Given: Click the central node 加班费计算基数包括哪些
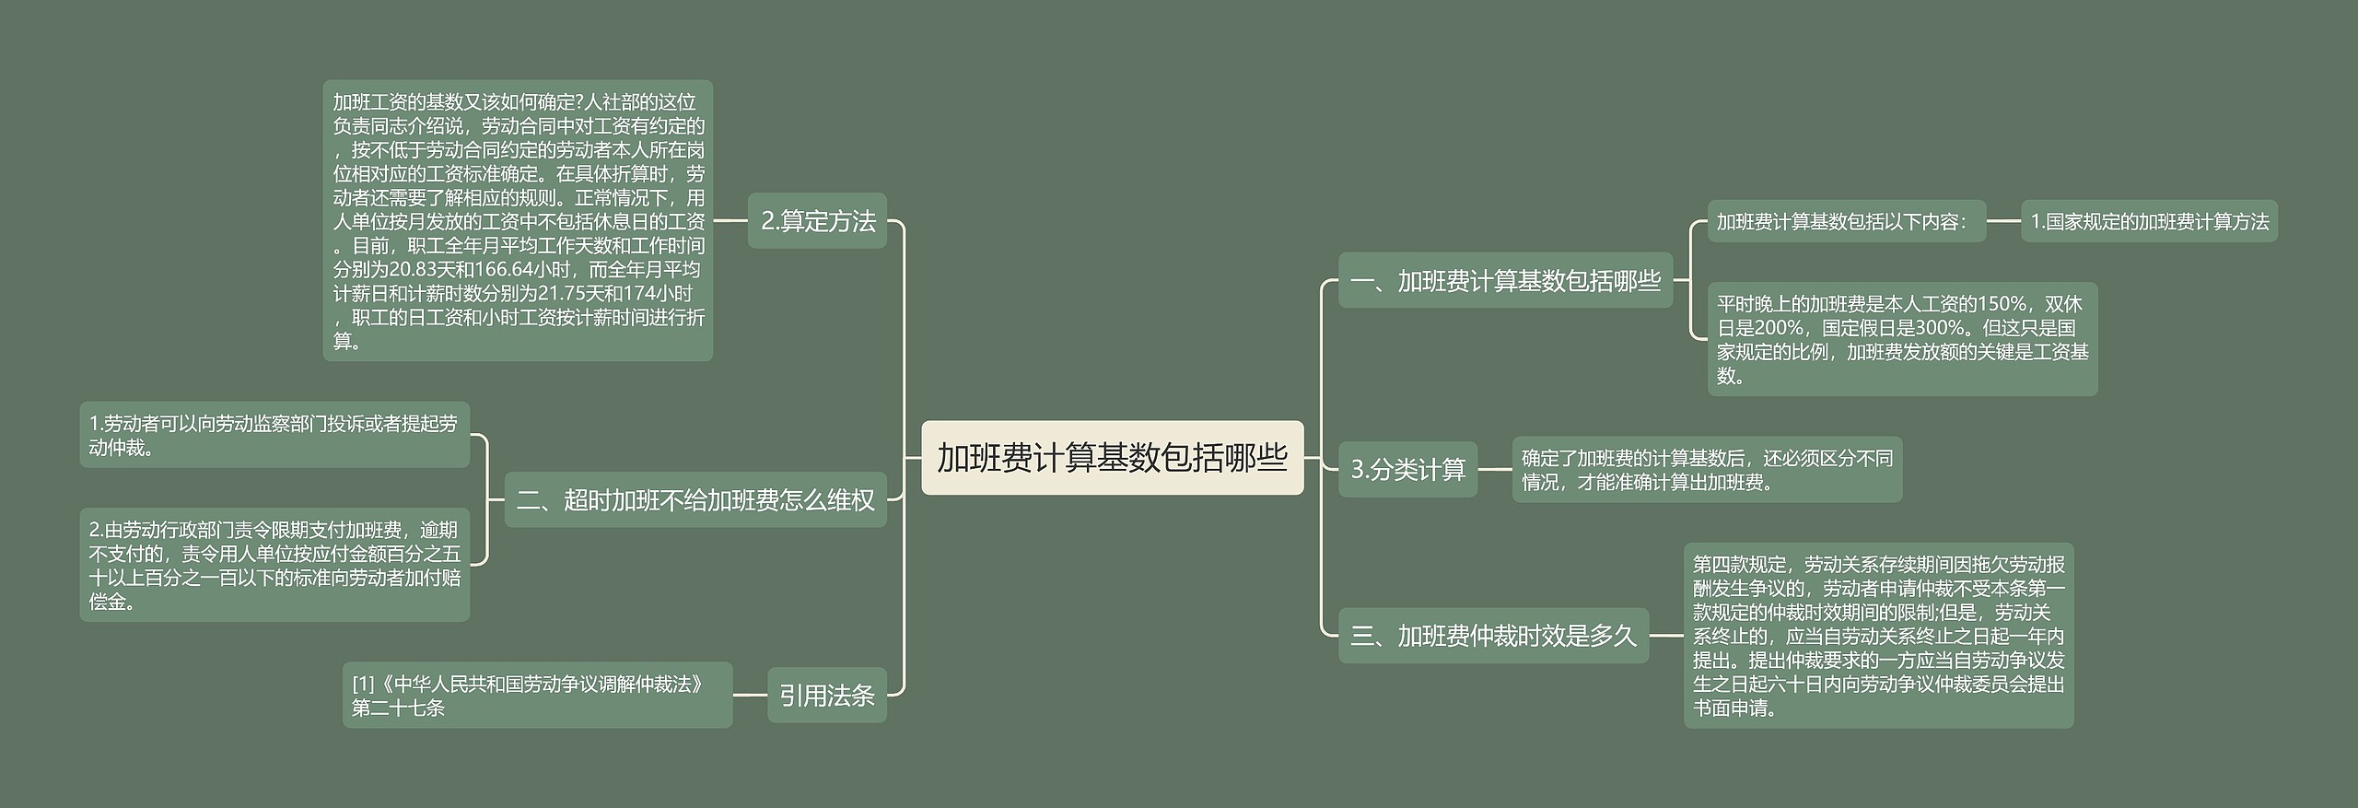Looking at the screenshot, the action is [x=1112, y=458].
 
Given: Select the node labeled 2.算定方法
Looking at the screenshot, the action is [x=817, y=221].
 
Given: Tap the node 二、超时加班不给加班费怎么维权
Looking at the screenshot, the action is [x=695, y=500].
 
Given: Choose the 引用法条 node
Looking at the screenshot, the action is [x=826, y=695].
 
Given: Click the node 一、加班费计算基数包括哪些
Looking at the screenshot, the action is [x=1505, y=280].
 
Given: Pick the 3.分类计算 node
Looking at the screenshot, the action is [x=1407, y=470].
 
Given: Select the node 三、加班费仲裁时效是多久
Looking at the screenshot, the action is [x=1493, y=635].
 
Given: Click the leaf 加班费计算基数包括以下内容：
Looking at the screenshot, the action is [x=1846, y=221].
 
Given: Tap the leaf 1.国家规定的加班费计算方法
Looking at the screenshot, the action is [x=2149, y=221].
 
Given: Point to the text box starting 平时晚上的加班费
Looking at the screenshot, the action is [x=1902, y=339].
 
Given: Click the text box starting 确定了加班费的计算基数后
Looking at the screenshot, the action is [x=1707, y=470].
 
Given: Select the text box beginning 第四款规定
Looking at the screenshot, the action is [x=1878, y=636].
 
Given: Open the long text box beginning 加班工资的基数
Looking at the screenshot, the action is [x=518, y=221].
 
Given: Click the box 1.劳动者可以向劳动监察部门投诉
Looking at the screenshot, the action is [x=274, y=435].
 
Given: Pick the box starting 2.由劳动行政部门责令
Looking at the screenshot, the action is [x=274, y=565].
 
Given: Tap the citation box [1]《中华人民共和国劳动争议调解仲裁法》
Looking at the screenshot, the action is [x=537, y=695].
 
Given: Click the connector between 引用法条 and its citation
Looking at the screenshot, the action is [x=750, y=695].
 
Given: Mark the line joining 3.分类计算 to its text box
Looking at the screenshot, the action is [x=1494, y=470].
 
